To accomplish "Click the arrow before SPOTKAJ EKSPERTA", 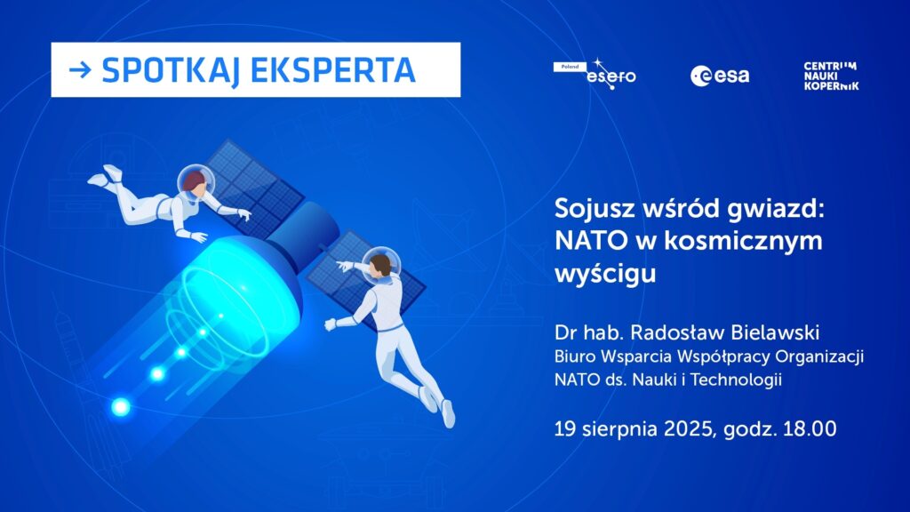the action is [x=80, y=70].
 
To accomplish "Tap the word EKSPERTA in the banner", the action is [x=333, y=70].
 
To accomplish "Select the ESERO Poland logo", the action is [x=595, y=74].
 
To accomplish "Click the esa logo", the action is [x=720, y=76].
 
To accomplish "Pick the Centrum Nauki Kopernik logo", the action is [x=831, y=76].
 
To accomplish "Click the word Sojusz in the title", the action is [x=595, y=209].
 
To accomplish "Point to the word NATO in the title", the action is [x=591, y=240].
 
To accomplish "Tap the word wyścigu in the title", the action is [x=605, y=274].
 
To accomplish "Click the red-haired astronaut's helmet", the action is [x=196, y=182].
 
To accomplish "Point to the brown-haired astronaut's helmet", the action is [x=381, y=265].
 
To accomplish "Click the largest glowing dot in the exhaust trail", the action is [x=121, y=407].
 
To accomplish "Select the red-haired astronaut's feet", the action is [x=106, y=177].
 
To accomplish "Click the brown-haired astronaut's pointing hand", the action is [x=344, y=266].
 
